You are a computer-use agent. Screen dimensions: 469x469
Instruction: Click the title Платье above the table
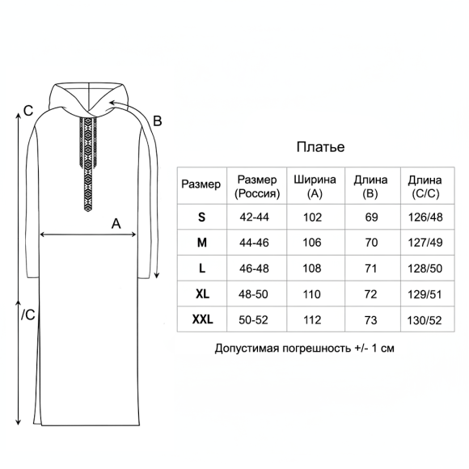[320, 147]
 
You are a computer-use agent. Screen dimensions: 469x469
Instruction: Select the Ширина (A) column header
[315, 187]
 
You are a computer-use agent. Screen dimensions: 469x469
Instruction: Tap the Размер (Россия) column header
[257, 187]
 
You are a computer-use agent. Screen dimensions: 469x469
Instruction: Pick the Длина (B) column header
[370, 187]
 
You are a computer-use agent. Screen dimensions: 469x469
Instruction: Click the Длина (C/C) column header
[425, 188]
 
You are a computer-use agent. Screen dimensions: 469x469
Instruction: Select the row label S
[201, 217]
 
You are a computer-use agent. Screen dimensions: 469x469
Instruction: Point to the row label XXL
[202, 319]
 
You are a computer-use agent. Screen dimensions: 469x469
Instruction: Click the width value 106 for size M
[312, 243]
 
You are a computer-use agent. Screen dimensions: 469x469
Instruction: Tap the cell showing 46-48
[254, 268]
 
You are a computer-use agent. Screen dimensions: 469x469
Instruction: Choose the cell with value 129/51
[425, 294]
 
